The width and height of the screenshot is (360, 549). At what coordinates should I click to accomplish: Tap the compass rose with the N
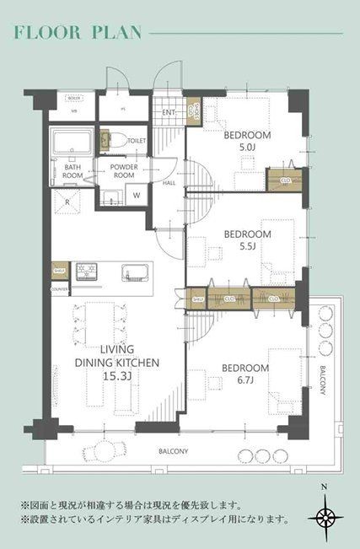(x=325, y=516)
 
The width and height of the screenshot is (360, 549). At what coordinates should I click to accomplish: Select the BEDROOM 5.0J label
(x=247, y=140)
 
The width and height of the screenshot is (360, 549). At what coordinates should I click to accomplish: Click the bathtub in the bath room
(x=72, y=144)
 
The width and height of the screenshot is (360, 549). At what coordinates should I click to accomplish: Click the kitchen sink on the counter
(x=134, y=272)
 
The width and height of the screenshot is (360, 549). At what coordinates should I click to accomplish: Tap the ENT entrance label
(x=167, y=111)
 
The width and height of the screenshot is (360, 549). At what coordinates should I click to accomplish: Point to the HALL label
(x=169, y=182)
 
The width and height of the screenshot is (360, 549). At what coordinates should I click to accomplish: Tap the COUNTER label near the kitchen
(x=59, y=289)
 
